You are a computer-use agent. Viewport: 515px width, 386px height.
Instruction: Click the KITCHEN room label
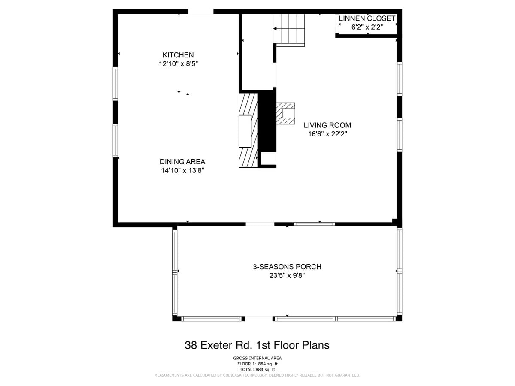click(178, 55)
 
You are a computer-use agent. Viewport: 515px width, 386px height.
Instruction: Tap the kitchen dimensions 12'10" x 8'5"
click(178, 64)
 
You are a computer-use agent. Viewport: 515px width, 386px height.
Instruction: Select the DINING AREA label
click(182, 162)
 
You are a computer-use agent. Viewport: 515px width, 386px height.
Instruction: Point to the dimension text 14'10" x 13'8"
click(182, 170)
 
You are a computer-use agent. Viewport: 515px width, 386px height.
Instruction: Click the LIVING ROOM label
click(327, 125)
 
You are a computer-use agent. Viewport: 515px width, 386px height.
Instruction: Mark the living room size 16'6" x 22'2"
click(327, 134)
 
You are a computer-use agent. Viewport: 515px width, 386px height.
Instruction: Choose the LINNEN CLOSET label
click(367, 18)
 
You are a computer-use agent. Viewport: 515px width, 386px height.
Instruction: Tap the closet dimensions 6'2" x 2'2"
click(367, 27)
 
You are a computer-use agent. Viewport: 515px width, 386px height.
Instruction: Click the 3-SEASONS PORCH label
click(287, 267)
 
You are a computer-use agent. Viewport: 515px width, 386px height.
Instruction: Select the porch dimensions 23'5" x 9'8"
click(287, 275)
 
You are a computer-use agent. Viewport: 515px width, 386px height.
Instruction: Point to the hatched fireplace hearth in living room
click(285, 113)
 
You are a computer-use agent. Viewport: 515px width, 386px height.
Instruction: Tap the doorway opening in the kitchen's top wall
click(201, 12)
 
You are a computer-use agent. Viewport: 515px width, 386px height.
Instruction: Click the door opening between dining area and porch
click(260, 224)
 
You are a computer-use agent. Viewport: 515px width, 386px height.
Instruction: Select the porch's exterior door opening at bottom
click(258, 319)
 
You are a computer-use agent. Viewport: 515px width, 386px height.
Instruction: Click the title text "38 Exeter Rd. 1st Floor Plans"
click(257, 345)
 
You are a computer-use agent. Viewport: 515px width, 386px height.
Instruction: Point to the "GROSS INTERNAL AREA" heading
click(257, 358)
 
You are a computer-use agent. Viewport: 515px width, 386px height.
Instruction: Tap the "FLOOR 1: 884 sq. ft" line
click(257, 364)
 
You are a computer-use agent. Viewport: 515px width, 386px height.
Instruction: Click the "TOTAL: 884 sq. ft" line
click(257, 370)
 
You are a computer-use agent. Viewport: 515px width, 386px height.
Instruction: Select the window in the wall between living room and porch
click(314, 224)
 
